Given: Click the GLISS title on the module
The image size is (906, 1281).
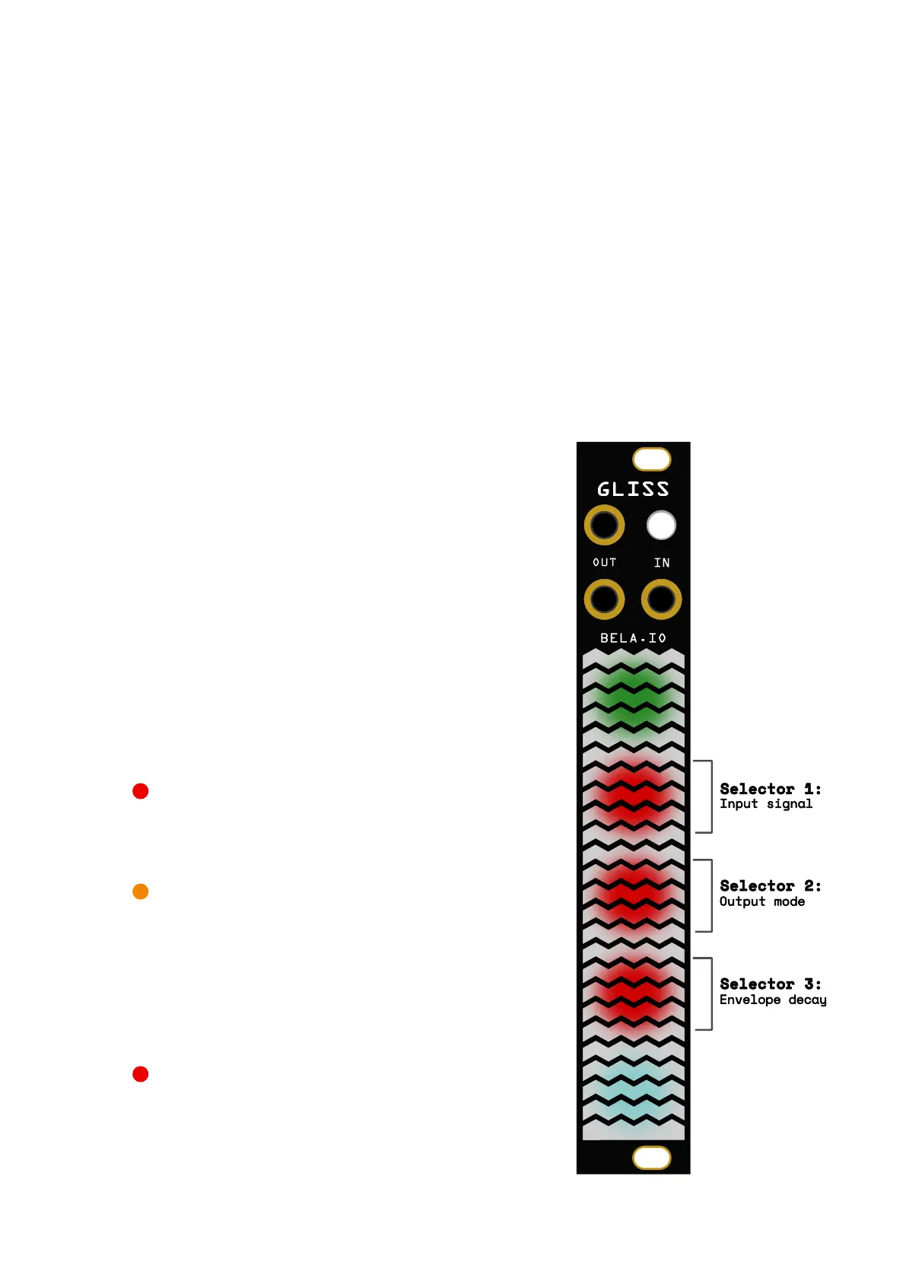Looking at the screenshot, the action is tap(633, 489).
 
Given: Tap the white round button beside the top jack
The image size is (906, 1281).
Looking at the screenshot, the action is tap(661, 525).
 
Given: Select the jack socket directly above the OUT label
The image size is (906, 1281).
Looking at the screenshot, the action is tap(604, 525).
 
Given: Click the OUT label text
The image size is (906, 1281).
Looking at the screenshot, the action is tap(605, 563).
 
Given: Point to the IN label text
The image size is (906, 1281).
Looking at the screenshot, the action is tap(662, 563).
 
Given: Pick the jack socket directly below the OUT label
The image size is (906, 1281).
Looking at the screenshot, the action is tap(604, 599).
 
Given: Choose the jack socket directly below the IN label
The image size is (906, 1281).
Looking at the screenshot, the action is tap(661, 599).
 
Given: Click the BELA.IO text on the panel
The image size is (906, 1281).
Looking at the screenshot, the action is tap(633, 638).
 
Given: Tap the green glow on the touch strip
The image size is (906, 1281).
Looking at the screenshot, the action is tap(633, 697).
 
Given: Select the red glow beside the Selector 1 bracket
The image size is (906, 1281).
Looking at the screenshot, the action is tap(633, 796).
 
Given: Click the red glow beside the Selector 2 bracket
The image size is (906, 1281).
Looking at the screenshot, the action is tap(633, 895).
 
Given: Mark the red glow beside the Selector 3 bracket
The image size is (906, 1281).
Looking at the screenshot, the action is tap(633, 993).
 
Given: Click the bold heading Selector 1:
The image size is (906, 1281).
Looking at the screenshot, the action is tap(770, 789).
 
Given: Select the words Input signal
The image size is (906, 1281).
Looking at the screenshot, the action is tap(765, 804).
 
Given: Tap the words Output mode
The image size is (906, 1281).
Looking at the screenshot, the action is tap(761, 901).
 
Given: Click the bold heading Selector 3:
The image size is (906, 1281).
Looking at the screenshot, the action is tap(770, 984).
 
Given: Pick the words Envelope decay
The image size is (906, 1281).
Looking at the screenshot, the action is tap(772, 1000).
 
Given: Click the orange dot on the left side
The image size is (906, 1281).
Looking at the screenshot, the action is tap(140, 892).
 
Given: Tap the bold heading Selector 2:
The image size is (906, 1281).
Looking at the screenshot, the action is tap(770, 886).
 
